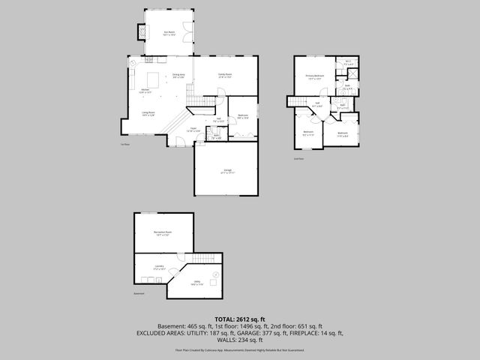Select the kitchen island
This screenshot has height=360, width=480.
(152, 79)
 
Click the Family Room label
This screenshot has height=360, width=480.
(224, 75)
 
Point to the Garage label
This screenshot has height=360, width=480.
(226, 171)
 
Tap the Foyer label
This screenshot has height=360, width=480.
(193, 130)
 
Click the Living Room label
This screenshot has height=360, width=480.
(148, 113)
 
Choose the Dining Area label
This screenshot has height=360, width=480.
(178, 76)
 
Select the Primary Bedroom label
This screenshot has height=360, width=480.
(314, 76)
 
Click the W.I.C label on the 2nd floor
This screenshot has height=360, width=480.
(348, 64)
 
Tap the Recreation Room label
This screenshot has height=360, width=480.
(163, 234)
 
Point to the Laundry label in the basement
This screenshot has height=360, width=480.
(160, 267)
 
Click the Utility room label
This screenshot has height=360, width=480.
(196, 283)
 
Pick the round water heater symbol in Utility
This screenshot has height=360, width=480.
(215, 276)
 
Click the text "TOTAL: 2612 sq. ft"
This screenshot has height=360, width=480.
(239, 319)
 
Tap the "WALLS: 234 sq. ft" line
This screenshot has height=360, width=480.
(239, 339)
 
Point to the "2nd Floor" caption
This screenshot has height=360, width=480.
(298, 159)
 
